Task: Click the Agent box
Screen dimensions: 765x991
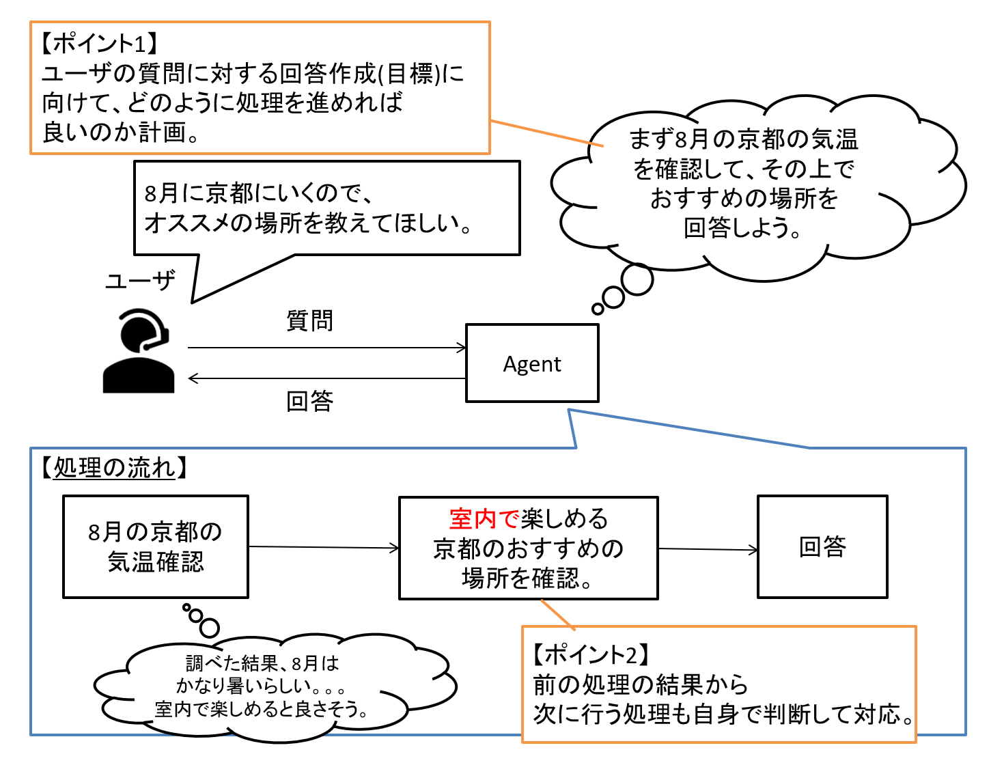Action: tap(532, 363)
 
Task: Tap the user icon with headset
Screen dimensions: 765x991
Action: tap(139, 351)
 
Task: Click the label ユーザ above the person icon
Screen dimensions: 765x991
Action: tap(140, 281)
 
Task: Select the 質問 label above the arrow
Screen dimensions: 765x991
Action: tap(309, 320)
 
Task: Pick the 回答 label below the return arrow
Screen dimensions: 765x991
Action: tap(309, 401)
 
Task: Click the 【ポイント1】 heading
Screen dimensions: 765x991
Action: tap(99, 44)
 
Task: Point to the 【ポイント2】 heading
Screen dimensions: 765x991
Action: tap(591, 654)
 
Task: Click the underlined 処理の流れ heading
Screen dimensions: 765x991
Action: tap(114, 468)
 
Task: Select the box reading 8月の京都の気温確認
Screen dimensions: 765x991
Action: tap(156, 547)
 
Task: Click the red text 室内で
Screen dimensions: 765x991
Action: tap(484, 519)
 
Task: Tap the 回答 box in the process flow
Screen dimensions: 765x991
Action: tap(822, 547)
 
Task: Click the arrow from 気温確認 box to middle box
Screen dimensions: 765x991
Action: tap(324, 547)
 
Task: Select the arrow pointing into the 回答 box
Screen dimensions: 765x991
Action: tap(708, 549)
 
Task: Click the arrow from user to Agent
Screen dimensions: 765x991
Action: tap(326, 348)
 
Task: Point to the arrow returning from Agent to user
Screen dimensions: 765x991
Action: tap(326, 378)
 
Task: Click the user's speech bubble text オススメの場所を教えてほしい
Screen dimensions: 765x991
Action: tap(308, 223)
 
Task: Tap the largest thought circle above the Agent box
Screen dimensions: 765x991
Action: tap(637, 279)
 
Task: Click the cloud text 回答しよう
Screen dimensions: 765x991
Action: tap(742, 228)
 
